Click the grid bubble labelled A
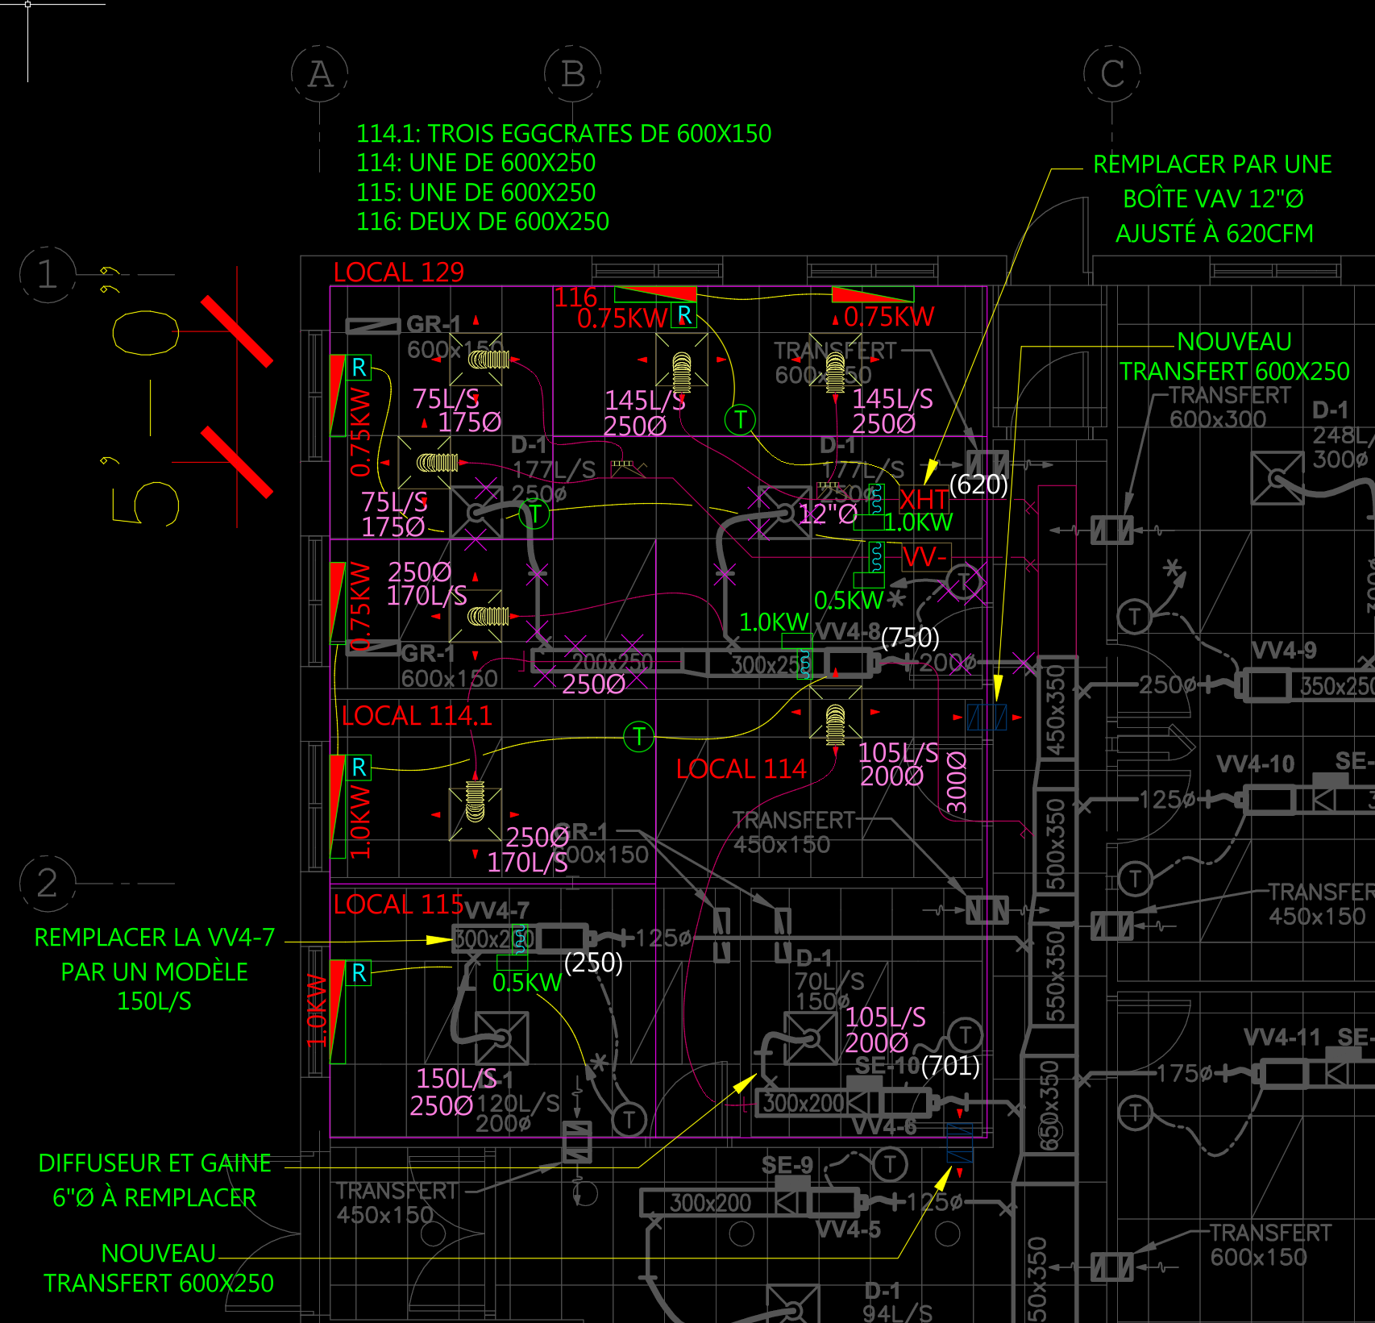(x=320, y=74)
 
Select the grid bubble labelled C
(x=1112, y=74)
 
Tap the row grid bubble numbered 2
(x=48, y=884)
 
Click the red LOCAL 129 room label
(x=398, y=273)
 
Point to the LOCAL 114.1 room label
(x=416, y=716)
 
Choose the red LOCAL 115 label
(x=398, y=905)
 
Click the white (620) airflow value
(x=978, y=485)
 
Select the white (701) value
(x=950, y=1066)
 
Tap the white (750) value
(x=910, y=638)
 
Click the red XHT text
(x=924, y=499)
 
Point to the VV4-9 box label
(x=1284, y=651)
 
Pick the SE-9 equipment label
(x=787, y=1165)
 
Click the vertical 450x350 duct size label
(x=1055, y=710)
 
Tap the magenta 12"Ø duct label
(x=827, y=514)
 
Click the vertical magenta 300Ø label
(x=956, y=782)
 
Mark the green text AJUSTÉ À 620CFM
(x=1214, y=234)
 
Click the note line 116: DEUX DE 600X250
(x=482, y=222)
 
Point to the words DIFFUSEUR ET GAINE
(x=155, y=1163)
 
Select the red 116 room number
(x=575, y=297)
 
